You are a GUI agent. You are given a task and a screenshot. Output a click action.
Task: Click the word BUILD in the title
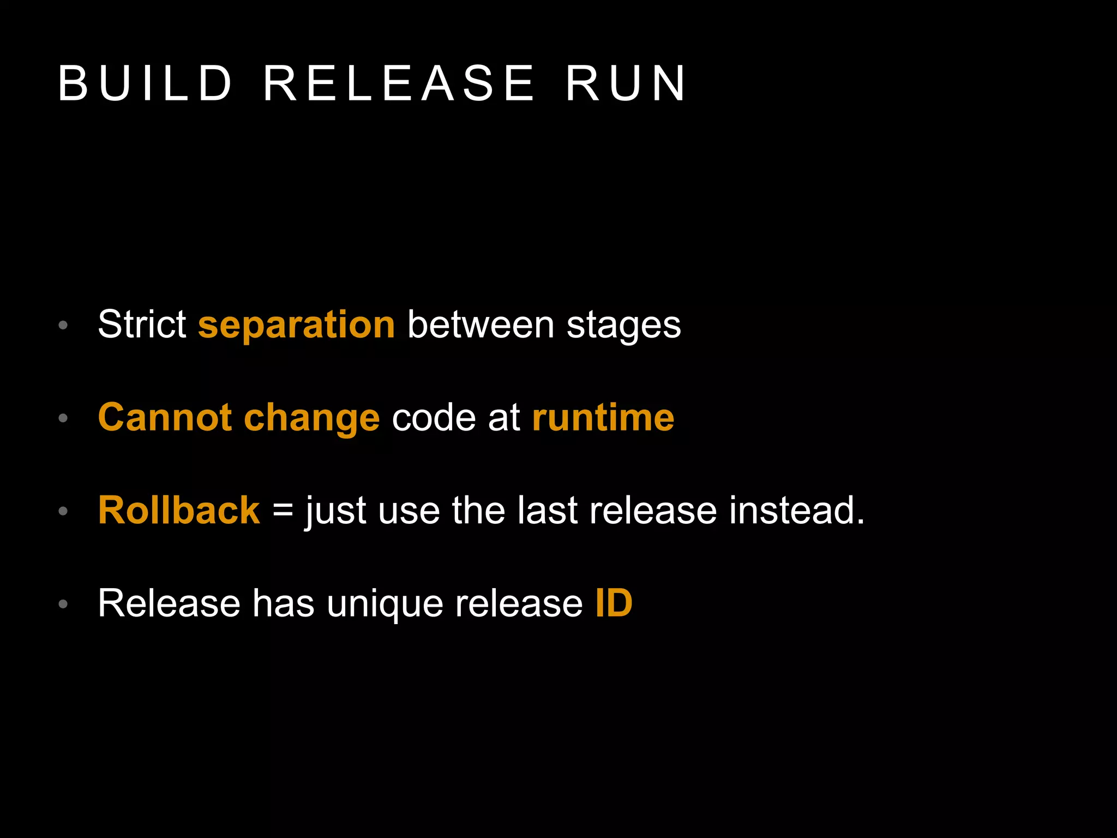(x=145, y=83)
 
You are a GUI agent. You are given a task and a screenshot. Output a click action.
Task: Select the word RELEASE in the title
(x=399, y=83)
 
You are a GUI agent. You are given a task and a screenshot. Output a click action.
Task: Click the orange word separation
(x=296, y=325)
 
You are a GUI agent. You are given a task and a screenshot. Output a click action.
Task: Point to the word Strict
(x=142, y=325)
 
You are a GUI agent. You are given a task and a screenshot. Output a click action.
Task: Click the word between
(x=481, y=325)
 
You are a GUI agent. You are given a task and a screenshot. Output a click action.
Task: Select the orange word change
(x=311, y=418)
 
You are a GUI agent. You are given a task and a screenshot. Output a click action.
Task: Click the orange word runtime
(x=603, y=418)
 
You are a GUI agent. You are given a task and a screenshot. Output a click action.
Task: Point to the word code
(x=434, y=418)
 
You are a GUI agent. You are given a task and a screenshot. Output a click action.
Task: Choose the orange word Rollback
(x=179, y=511)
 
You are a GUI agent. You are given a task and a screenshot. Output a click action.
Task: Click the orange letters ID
(x=614, y=603)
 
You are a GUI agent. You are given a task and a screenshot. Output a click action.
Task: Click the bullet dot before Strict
(x=63, y=326)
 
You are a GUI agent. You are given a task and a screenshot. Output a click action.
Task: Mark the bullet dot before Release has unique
(x=63, y=604)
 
